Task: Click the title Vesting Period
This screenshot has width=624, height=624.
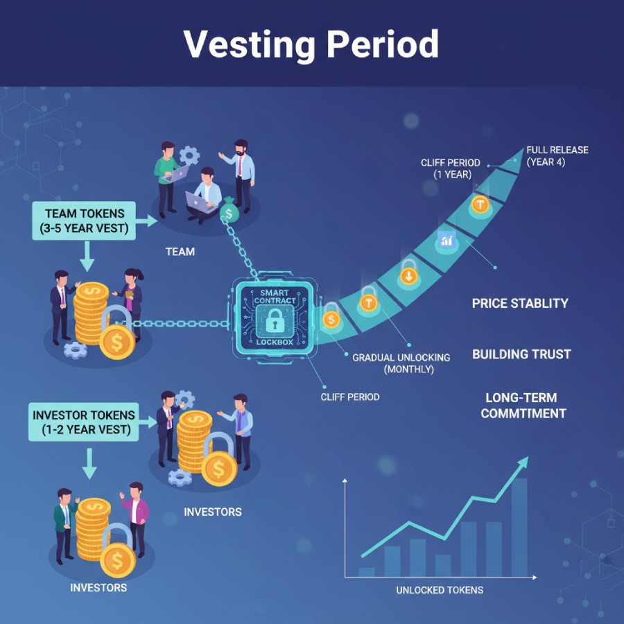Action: pos(311,44)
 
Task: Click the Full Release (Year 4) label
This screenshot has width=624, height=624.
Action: pos(557,156)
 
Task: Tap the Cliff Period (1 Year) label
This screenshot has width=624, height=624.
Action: pos(450,168)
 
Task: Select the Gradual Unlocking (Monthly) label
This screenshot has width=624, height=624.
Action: pos(401,363)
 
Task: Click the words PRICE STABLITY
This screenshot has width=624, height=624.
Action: pos(520,303)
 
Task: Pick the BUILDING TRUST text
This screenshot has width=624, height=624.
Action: pos(521,354)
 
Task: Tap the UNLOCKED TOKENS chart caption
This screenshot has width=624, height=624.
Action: pos(440,590)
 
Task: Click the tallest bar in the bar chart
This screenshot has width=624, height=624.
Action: pos(519,527)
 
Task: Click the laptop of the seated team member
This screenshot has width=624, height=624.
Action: pos(200,202)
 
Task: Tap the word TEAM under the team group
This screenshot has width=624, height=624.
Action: pos(180,252)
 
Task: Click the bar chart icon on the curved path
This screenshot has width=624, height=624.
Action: pos(446,241)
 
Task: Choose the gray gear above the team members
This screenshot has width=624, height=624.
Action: pos(189,154)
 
